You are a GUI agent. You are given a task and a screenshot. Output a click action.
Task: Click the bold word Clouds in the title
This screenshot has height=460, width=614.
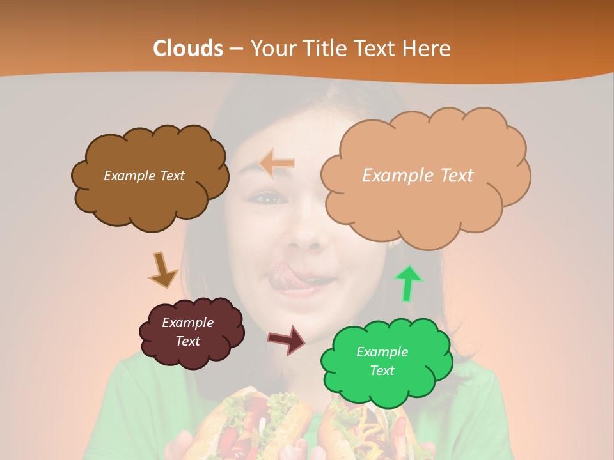click(188, 49)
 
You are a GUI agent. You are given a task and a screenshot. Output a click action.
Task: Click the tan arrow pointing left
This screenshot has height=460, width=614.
click(277, 164)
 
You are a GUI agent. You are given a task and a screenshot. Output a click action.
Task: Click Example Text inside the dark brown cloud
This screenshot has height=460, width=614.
click(145, 176)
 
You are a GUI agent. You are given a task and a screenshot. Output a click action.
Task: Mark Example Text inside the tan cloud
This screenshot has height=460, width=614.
click(418, 176)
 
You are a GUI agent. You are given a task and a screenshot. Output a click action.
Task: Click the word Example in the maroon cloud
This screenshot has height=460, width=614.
click(187, 323)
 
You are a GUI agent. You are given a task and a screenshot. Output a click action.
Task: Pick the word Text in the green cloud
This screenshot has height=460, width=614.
click(382, 371)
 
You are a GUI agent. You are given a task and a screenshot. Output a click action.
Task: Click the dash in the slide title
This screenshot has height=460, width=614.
click(236, 49)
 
